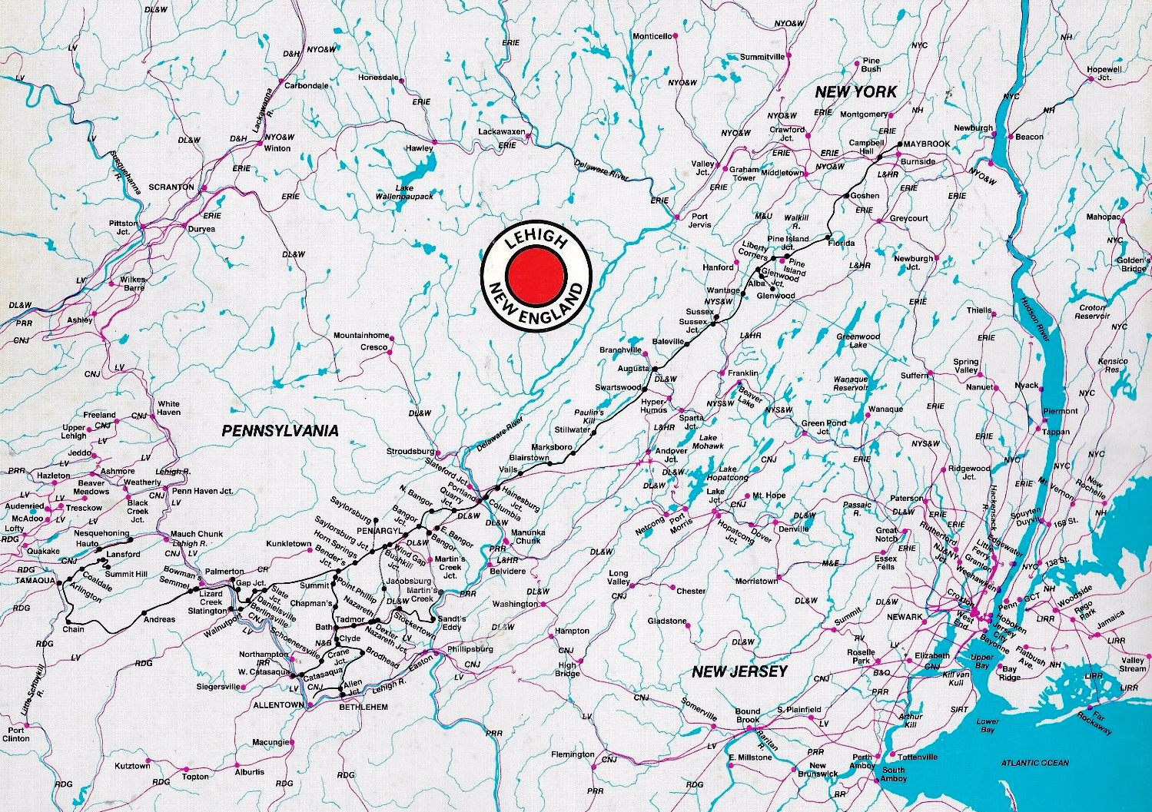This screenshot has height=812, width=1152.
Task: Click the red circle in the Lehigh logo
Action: pyautogui.click(x=536, y=273)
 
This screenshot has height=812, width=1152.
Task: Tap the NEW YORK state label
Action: pyautogui.click(x=855, y=92)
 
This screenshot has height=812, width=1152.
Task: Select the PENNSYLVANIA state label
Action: pyautogui.click(x=280, y=431)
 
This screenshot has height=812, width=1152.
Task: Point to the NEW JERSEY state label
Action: pyautogui.click(x=739, y=671)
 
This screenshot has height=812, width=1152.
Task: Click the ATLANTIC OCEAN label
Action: pyautogui.click(x=1034, y=763)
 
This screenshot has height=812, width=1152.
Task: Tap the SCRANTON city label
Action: pyautogui.click(x=172, y=187)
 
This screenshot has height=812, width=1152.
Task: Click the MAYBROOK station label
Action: pyautogui.click(x=926, y=144)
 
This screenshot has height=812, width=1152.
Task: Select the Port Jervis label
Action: pyautogui.click(x=699, y=221)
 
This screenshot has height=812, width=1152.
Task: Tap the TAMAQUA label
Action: pyautogui.click(x=35, y=581)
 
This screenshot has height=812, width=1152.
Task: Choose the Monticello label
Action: pyautogui.click(x=652, y=36)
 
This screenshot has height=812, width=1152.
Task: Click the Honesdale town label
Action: pyautogui.click(x=378, y=78)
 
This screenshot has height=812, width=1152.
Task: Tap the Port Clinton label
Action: pyautogui.click(x=18, y=734)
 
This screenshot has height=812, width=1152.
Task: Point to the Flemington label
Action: pyautogui.click(x=573, y=754)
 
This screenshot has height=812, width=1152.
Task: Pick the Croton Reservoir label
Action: pyautogui.click(x=1092, y=312)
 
